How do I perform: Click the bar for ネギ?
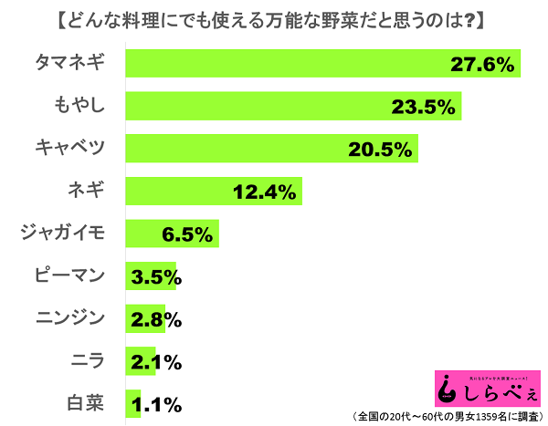tap(212, 192)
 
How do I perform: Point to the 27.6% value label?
tap(481, 64)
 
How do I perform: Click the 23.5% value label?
tap(423, 107)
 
